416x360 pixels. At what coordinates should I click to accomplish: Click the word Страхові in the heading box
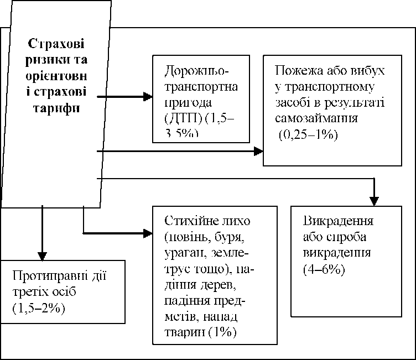60,44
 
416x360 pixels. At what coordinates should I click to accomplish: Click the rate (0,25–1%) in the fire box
308,134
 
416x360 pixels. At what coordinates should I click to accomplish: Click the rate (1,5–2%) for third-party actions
38,308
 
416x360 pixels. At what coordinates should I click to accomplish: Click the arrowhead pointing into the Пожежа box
258,150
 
